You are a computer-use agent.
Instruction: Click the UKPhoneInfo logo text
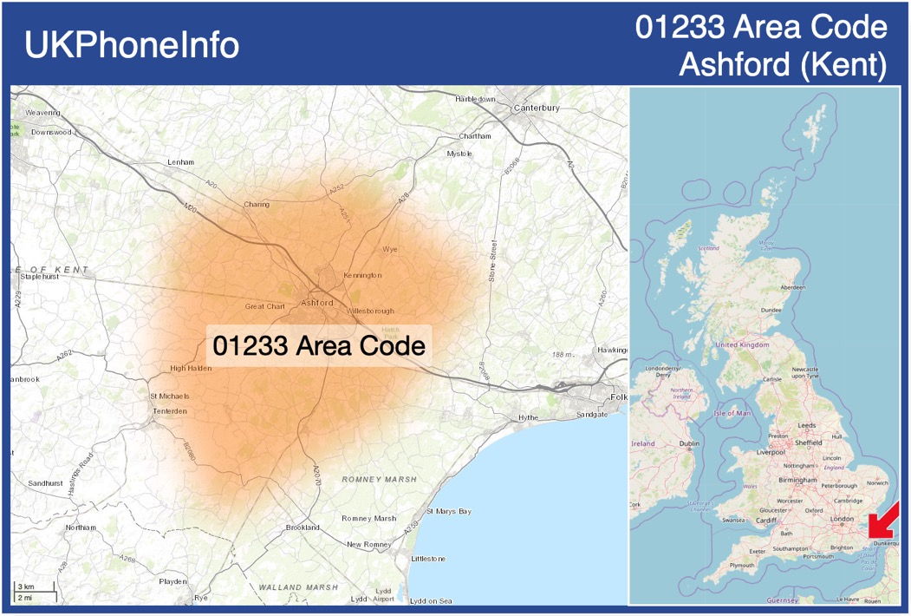point(132,45)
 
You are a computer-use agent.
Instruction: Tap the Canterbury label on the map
point(537,108)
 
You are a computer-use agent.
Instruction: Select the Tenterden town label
point(169,410)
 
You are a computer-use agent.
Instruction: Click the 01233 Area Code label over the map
point(319,346)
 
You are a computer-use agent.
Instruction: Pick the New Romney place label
point(371,544)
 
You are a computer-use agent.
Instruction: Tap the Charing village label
point(257,205)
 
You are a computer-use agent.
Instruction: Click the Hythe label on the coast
point(528,417)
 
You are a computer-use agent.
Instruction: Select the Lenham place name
point(180,162)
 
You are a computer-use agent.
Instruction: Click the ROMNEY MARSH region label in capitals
point(379,479)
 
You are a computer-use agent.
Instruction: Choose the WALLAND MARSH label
point(298,587)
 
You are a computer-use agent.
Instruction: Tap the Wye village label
point(389,249)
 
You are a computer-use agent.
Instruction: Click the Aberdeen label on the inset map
point(792,287)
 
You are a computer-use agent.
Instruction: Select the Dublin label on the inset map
point(690,443)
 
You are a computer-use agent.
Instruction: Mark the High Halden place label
point(191,368)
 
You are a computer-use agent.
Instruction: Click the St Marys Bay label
point(449,511)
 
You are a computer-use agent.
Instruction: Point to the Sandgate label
point(592,416)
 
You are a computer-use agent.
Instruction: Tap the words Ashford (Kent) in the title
point(783,63)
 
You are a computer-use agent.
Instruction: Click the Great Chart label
point(265,306)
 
